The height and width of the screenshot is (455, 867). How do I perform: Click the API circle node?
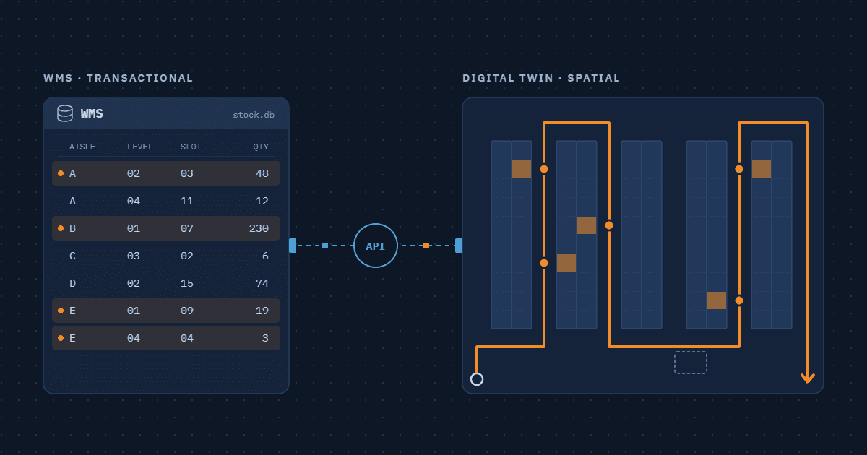[x=376, y=246]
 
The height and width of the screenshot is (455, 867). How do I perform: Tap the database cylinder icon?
[x=65, y=113]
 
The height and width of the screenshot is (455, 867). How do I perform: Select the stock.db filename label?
[x=254, y=115]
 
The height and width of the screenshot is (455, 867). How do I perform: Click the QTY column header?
[x=261, y=147]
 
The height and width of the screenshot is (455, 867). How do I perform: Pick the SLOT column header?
[x=191, y=147]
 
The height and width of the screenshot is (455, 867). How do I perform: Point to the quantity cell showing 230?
[x=259, y=228]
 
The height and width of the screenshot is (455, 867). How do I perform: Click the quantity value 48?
[x=262, y=173]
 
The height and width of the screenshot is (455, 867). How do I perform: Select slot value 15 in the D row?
[x=187, y=283]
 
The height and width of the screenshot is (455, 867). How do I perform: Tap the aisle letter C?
[x=72, y=256]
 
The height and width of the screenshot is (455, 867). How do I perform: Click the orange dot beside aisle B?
[x=61, y=228]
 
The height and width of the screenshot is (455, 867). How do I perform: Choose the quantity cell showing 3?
[x=265, y=338]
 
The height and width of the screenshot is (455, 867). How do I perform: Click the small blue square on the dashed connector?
[x=325, y=246]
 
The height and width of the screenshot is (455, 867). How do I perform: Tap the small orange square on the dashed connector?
[x=426, y=246]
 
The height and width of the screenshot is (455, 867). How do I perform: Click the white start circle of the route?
[x=477, y=379]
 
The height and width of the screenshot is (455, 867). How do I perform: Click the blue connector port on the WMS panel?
[x=293, y=246]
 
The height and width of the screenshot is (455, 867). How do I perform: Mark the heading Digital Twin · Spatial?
[x=541, y=78]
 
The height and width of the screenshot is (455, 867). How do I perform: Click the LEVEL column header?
[x=140, y=147]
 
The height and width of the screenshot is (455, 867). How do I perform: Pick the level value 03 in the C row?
[x=134, y=256]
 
